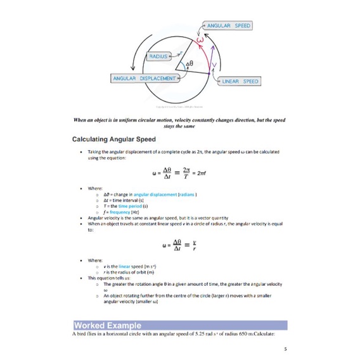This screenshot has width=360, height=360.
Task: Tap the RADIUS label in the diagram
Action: pos(159,56)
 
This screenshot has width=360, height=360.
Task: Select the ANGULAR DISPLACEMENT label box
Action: pos(144,79)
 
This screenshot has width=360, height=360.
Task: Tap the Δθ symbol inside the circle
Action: pos(189,65)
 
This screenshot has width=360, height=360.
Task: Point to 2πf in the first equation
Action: pos(202,172)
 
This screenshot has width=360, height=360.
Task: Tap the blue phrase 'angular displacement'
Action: pos(155,194)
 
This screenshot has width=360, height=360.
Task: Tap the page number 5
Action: pos(286,348)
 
